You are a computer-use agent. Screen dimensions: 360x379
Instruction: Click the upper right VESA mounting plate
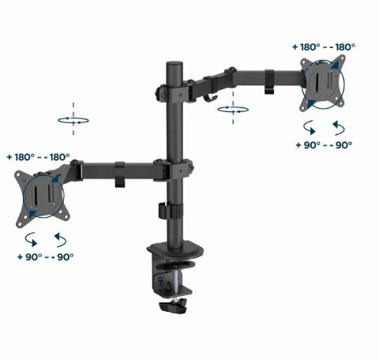pos(320,83)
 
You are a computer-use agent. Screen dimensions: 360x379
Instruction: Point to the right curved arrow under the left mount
pos(59,238)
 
